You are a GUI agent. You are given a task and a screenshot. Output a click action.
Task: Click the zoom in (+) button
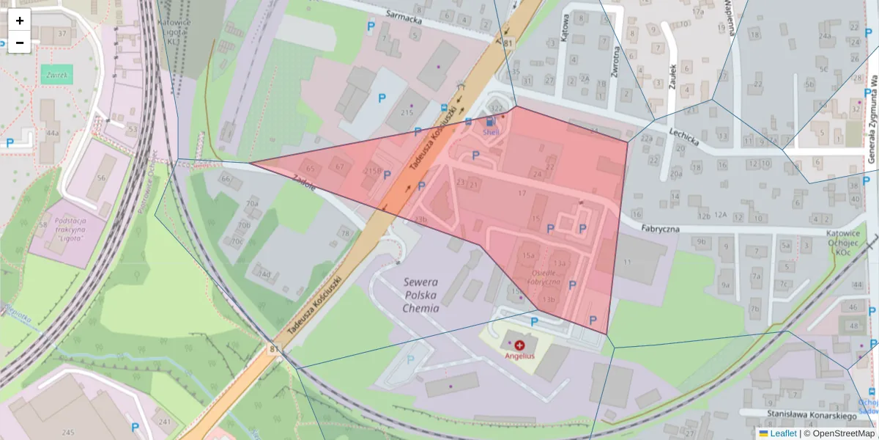coord(20,21)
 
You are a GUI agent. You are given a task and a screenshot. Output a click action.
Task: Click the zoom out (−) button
coord(20,43)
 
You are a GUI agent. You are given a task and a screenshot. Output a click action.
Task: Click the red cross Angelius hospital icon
coord(519,345)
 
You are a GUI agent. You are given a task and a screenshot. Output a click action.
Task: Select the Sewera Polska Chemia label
coord(420,295)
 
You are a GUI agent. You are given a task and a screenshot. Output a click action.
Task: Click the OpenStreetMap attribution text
coord(842,433)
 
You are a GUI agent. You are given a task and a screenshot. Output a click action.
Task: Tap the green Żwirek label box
coord(56,75)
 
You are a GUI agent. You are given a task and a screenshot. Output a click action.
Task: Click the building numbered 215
coord(407,111)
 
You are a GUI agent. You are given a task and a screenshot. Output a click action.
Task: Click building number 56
coord(100,178)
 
